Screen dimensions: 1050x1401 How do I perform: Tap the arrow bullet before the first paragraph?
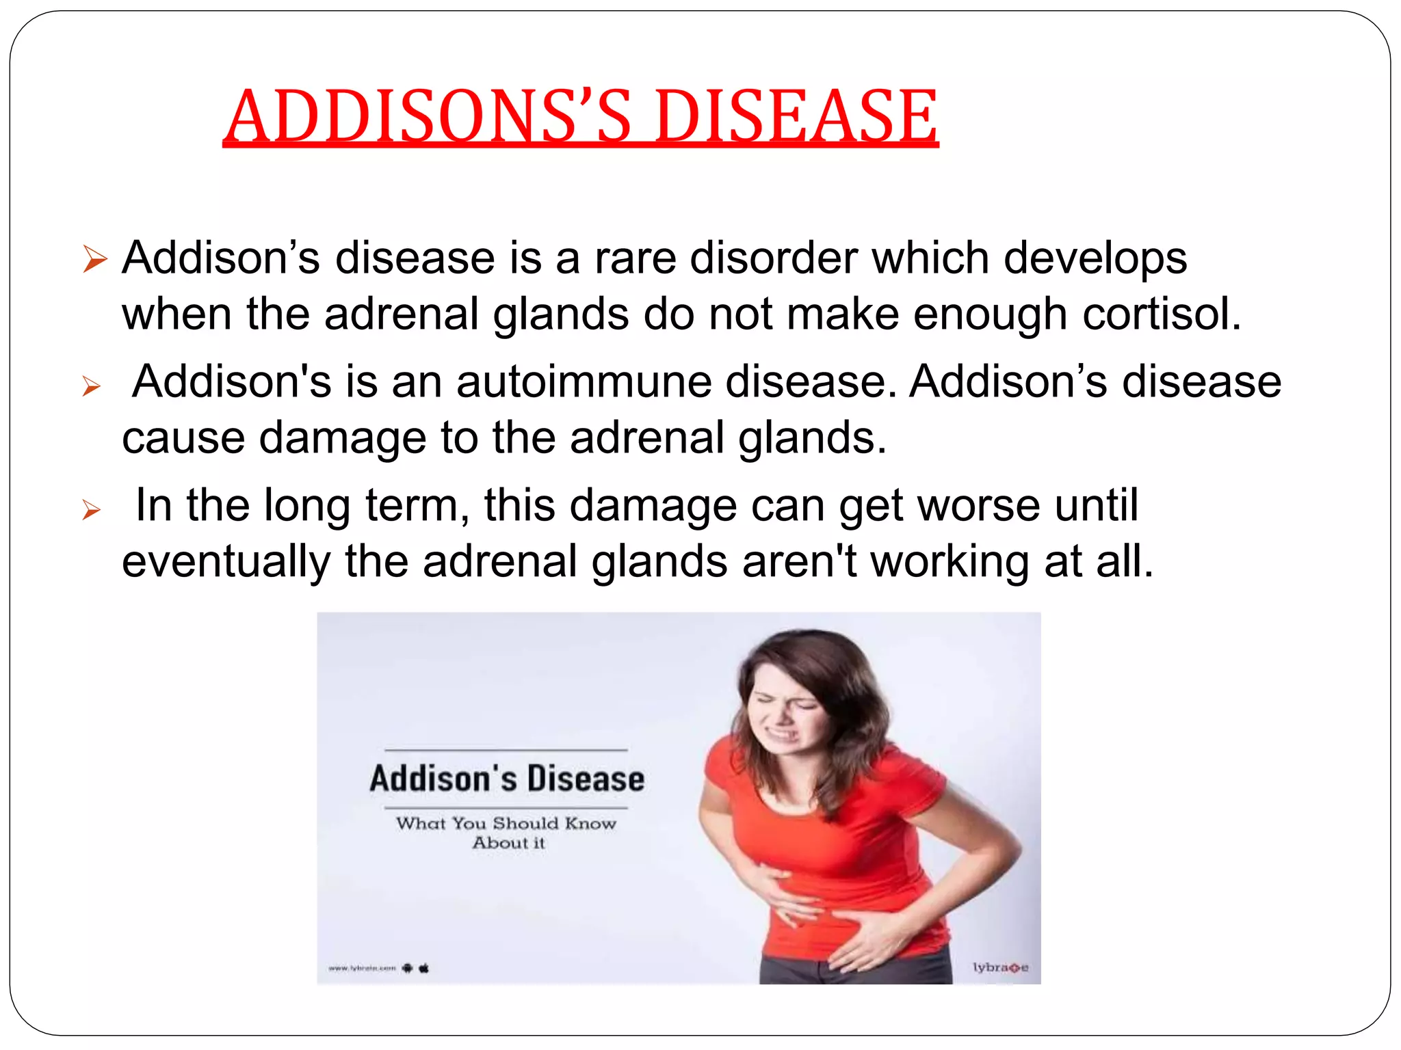point(94,260)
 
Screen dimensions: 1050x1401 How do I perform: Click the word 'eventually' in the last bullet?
point(226,562)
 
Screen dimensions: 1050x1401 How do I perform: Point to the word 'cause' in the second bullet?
point(183,437)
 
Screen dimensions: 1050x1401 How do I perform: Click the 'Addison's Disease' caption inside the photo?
point(507,779)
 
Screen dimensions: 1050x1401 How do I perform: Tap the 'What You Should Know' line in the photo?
point(506,823)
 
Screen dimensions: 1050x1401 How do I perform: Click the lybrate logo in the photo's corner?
point(1000,967)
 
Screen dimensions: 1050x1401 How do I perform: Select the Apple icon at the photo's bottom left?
point(423,967)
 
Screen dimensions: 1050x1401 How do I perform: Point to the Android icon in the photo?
point(408,967)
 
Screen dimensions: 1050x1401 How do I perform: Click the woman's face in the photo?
point(787,711)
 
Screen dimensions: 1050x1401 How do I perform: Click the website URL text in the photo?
point(362,968)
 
